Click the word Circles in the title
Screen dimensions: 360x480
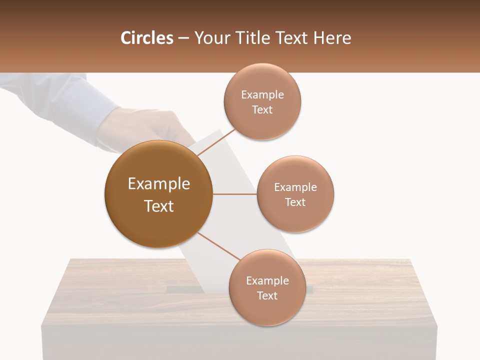click(147, 38)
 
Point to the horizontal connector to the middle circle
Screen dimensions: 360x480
click(234, 194)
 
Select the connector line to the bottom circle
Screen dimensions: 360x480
click(218, 245)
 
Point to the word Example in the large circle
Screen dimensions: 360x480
click(159, 184)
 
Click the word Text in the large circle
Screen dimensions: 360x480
click(159, 206)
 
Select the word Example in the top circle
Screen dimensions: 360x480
click(262, 95)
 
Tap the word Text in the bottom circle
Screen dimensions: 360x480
click(267, 295)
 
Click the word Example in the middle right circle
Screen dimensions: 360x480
click(295, 187)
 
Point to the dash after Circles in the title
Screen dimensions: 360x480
click(183, 38)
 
